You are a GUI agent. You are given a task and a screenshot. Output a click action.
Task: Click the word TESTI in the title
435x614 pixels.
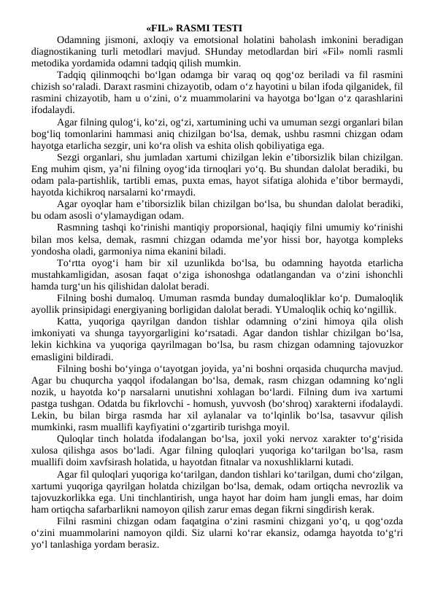(228, 28)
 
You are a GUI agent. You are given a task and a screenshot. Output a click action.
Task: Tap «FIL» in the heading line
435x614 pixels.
(158, 28)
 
